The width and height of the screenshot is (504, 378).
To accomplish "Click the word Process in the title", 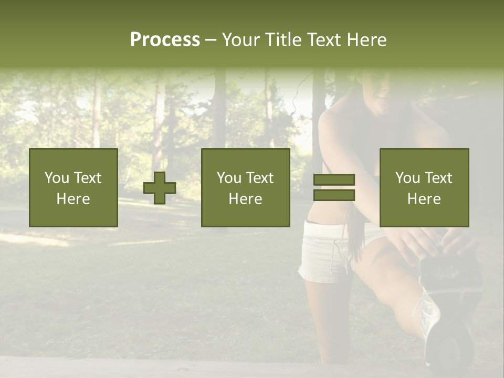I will pos(165,40).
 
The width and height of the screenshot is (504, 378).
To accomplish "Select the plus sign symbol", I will pos(160,188).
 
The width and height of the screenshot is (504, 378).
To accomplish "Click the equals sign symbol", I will pos(334,188).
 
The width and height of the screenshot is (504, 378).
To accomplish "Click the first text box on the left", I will pos(73,188).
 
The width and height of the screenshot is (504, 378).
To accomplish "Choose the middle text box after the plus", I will pos(246,188).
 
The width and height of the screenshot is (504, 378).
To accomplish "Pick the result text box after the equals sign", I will pos(424,188).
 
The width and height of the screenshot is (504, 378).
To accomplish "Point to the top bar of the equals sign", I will pos(334,180).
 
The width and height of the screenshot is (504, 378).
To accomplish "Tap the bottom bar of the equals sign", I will pos(334,195).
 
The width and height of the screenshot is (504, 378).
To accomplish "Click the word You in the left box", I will pos(56,178).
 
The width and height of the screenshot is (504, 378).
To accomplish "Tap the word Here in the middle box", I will pos(246,199).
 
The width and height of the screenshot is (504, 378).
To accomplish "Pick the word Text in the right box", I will pos(438,178).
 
